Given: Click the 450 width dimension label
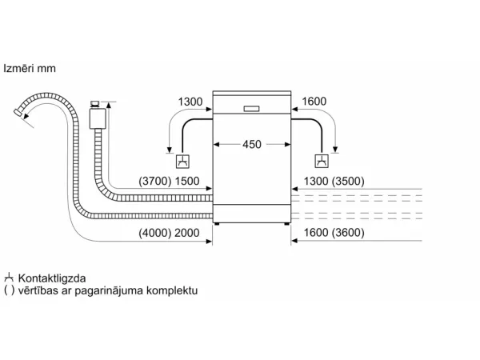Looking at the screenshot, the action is click(x=252, y=144).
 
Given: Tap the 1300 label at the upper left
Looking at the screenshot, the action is click(x=190, y=102).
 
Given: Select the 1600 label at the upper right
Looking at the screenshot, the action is click(x=314, y=102).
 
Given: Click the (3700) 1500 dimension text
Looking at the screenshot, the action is click(x=169, y=182).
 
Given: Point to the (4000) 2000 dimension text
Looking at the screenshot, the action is click(x=169, y=233).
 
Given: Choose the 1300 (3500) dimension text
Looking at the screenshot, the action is click(x=334, y=182).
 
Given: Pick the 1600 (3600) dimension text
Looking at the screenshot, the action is click(x=334, y=233).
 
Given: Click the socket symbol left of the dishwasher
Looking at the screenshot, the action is click(x=182, y=162).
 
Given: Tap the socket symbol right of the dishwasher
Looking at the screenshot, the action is click(x=322, y=161).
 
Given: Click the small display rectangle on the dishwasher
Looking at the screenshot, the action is click(x=252, y=109).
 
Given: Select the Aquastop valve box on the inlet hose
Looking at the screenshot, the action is click(x=98, y=118).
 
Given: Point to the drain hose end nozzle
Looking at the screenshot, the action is click(x=18, y=112).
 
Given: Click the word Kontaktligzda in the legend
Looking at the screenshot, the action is click(x=52, y=278).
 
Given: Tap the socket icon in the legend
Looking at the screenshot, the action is click(x=9, y=278).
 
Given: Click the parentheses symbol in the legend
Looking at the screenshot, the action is click(x=9, y=290).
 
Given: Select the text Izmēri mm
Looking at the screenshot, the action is click(x=30, y=68).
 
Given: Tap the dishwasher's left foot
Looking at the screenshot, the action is click(x=217, y=224).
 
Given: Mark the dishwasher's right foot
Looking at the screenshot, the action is click(x=286, y=224).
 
